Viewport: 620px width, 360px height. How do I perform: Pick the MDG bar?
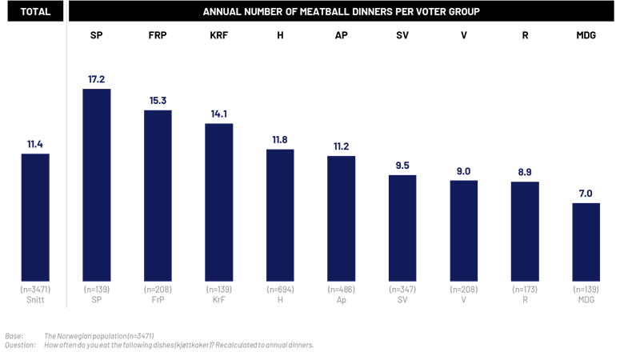(x=586, y=239)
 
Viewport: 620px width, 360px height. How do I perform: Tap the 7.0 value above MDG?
(x=586, y=194)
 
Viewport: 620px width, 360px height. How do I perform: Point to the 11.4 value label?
(x=34, y=145)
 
